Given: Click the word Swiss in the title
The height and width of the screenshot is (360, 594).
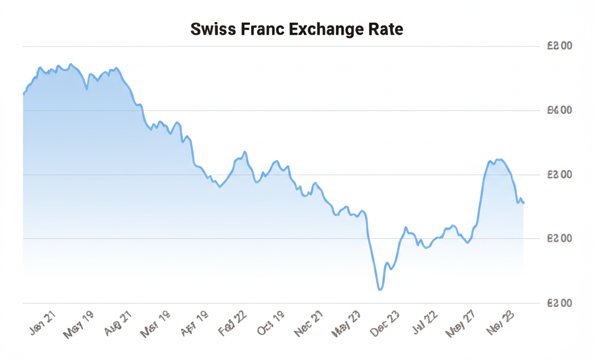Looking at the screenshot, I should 213,30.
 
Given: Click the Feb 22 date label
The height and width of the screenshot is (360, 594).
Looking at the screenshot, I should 233,321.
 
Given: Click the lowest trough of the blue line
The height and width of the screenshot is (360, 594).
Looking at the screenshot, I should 380,289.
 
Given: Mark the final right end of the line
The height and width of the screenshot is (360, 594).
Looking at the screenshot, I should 524,203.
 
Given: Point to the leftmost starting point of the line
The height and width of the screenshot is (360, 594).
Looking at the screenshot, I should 23,93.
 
